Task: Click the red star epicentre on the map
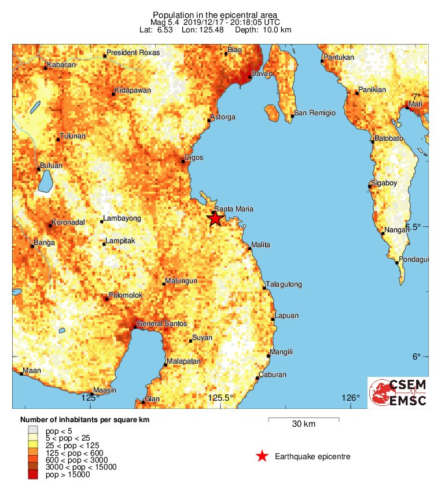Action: [x=215, y=218]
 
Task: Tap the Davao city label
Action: [x=261, y=74]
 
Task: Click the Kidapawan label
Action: [x=133, y=91]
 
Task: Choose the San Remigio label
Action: [x=315, y=113]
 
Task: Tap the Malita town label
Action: [x=260, y=245]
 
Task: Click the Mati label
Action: [x=416, y=104]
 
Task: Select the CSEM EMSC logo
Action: [x=398, y=393]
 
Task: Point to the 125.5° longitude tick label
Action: [x=220, y=398]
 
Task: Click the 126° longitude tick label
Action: [x=350, y=398]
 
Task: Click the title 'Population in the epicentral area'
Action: [x=215, y=14]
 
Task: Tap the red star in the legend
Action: [x=262, y=457]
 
